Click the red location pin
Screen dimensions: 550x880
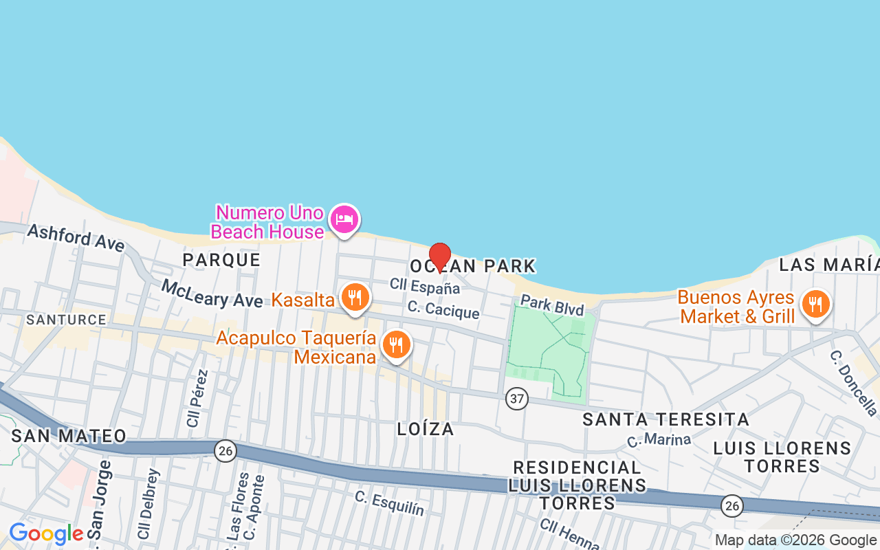click(440, 257)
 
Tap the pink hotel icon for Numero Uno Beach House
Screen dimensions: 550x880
click(344, 219)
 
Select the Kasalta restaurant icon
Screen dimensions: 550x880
click(354, 298)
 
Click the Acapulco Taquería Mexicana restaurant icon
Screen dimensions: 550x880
click(395, 345)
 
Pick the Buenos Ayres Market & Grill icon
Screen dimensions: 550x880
click(815, 303)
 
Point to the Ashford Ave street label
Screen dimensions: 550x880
click(76, 238)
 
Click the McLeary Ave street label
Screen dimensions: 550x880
click(212, 293)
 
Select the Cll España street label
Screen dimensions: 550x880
click(424, 285)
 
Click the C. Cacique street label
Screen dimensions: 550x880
click(443, 309)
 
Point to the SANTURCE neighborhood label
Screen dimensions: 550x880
click(66, 320)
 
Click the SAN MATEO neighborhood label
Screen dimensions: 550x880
click(69, 435)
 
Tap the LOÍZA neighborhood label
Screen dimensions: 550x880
click(426, 429)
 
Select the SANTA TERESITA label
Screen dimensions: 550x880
click(665, 419)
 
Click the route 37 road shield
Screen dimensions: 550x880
click(517, 398)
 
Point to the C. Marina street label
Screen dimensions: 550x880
click(659, 438)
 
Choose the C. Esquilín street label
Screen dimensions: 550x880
click(389, 503)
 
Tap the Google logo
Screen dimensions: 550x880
click(46, 533)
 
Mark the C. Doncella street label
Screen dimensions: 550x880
click(853, 384)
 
